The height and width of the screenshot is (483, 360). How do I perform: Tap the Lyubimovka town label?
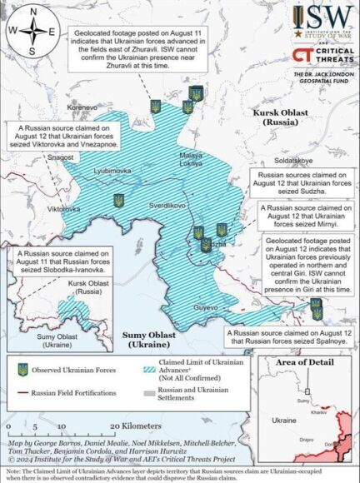pos(112,170)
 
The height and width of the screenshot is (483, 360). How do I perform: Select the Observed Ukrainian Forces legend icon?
pos(23,368)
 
